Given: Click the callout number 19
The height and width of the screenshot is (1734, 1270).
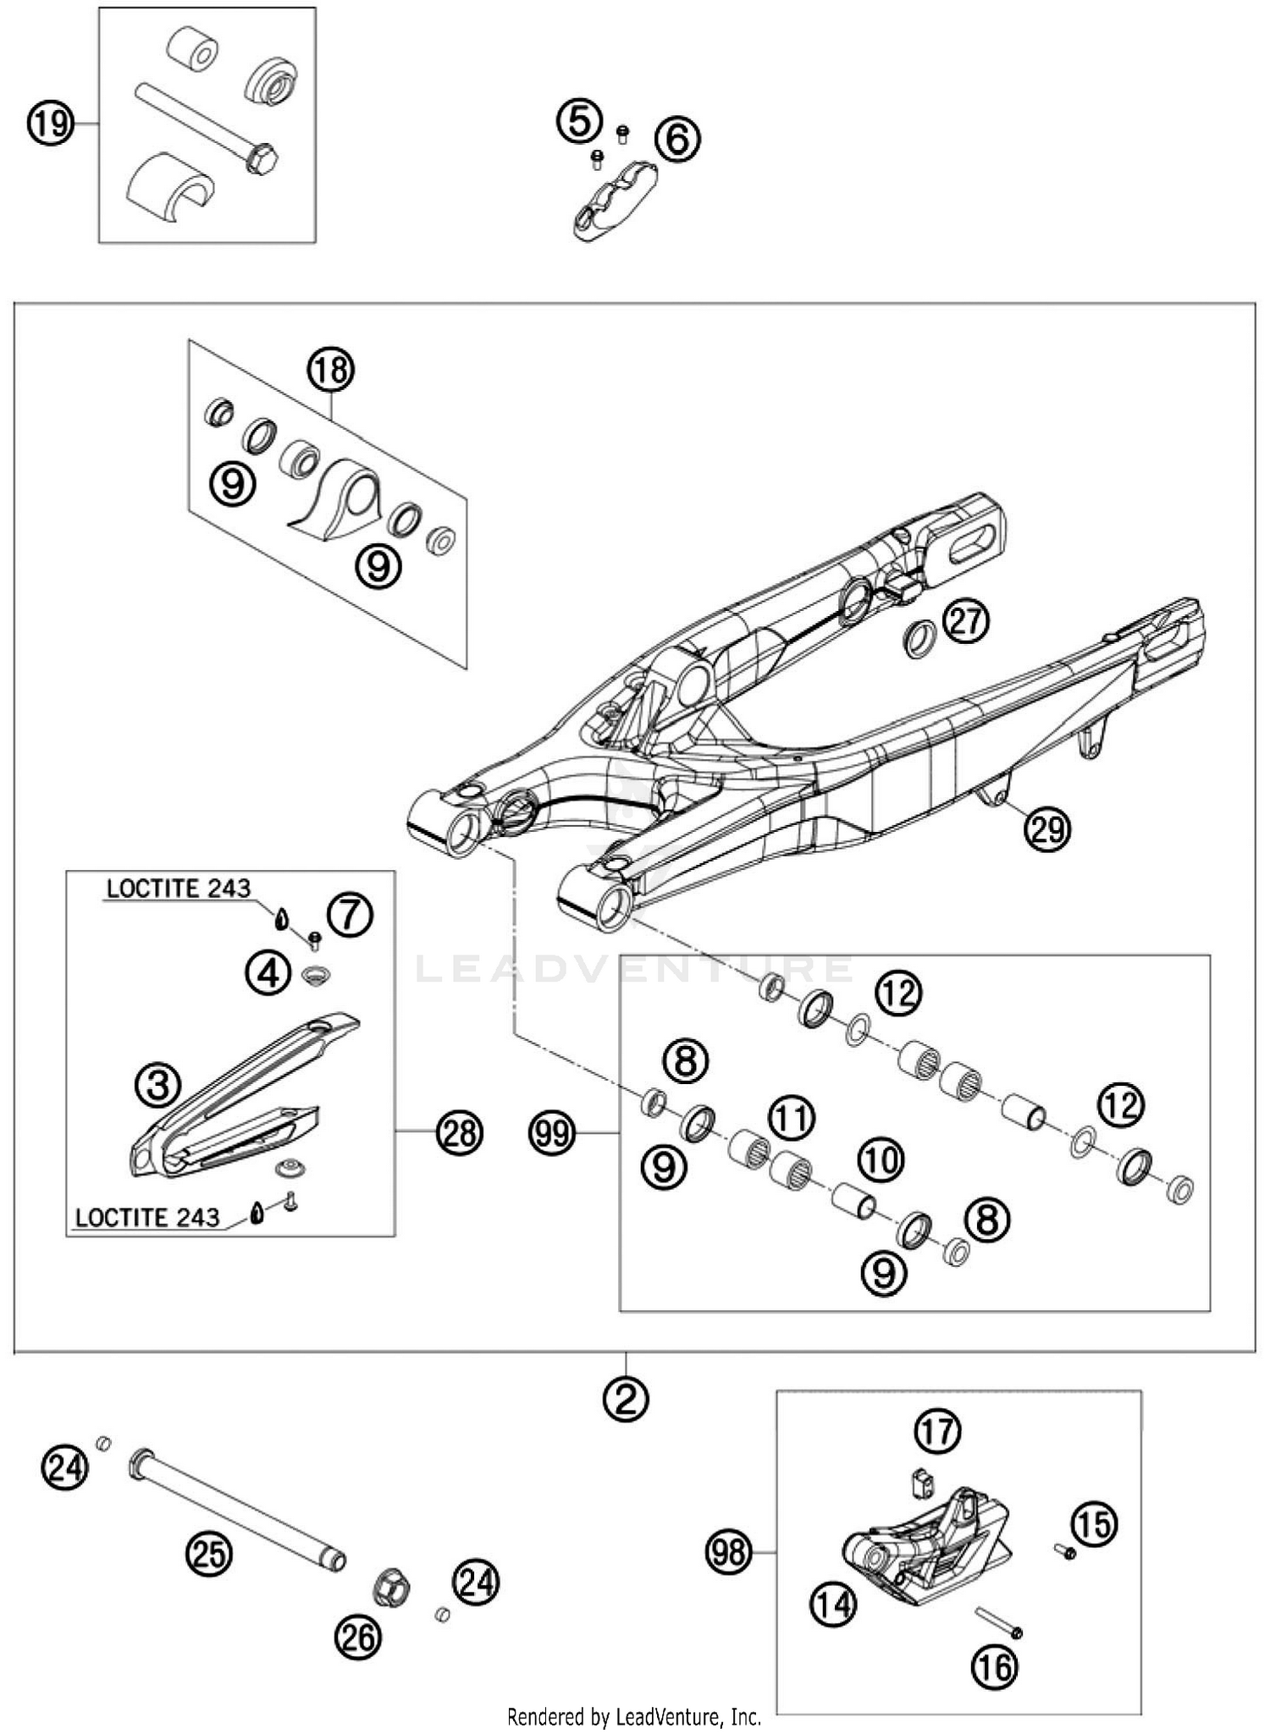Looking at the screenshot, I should pyautogui.click(x=50, y=124).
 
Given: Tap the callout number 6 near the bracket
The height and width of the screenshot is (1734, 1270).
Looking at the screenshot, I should pyautogui.click(x=678, y=139).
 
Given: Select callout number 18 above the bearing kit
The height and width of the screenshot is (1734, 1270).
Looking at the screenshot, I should pyautogui.click(x=330, y=370).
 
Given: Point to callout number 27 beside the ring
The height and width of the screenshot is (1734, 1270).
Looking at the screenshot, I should pyautogui.click(x=967, y=622).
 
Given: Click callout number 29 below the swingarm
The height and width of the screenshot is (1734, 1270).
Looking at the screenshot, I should pyautogui.click(x=1048, y=829).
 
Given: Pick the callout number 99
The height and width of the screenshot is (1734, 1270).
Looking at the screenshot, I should pyautogui.click(x=553, y=1132).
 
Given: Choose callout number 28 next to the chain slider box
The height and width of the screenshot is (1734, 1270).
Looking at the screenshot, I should pyautogui.click(x=460, y=1132).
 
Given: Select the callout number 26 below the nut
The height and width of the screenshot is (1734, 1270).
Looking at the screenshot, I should pyautogui.click(x=358, y=1638).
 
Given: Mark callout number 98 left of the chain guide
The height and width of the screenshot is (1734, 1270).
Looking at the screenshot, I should pyautogui.click(x=729, y=1552).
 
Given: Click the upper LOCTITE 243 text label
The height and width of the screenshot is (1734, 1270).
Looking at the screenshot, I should pyautogui.click(x=179, y=889).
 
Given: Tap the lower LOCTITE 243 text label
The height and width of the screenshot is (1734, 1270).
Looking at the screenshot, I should pyautogui.click(x=147, y=1217).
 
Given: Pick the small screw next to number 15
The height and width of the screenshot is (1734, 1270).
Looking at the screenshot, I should pyautogui.click(x=1065, y=1552).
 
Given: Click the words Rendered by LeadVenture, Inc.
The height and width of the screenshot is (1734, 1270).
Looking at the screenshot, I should pyautogui.click(x=634, y=1717).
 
